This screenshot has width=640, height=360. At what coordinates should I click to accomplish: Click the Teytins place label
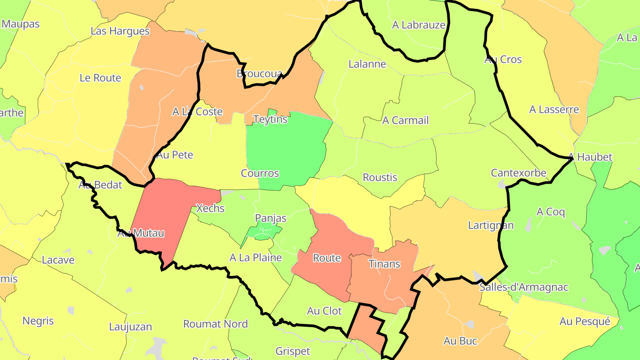(270, 119)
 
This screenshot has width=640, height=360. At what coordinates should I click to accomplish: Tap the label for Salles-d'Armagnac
(524, 287)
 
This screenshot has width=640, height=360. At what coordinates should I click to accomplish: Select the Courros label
(260, 173)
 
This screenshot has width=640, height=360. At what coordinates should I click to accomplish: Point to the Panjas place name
(271, 218)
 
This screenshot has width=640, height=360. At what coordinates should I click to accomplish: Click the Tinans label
(384, 264)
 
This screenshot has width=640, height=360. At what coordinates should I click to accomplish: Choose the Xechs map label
(210, 208)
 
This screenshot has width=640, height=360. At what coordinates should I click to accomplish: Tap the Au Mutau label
(141, 233)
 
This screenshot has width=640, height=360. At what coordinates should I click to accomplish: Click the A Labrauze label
(419, 25)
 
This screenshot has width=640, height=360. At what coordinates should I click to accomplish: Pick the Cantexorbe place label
(518, 173)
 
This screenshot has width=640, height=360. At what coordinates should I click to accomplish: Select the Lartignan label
(491, 225)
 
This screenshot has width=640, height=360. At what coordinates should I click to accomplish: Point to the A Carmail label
(405, 120)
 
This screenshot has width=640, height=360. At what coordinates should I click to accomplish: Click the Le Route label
(100, 78)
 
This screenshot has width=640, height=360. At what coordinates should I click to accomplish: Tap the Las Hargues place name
(120, 31)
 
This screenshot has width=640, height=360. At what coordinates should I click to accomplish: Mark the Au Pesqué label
(585, 321)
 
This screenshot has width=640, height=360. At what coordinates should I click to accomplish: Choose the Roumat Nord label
(216, 324)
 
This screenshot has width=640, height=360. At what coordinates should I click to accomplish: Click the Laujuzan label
(131, 327)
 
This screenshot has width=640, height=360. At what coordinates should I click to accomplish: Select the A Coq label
(551, 212)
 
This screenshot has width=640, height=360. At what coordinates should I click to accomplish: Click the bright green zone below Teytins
(289, 147)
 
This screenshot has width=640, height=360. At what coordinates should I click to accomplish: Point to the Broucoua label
(260, 73)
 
